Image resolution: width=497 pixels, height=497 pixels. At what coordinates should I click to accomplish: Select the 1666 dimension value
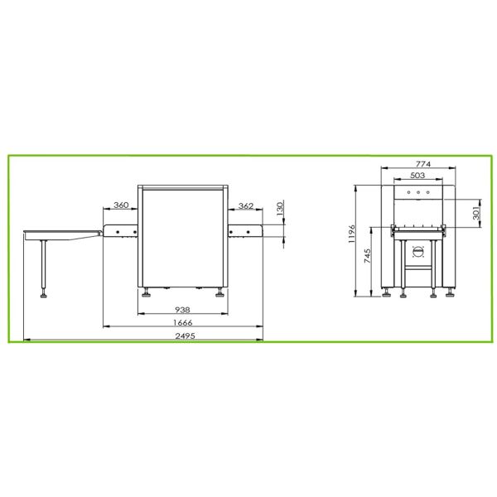point(183,322)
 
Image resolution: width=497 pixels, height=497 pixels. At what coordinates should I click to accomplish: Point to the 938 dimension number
point(183,309)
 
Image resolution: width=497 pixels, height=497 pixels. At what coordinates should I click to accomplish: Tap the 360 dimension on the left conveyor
point(121,205)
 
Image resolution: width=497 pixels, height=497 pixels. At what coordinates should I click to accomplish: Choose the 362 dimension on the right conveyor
point(246,205)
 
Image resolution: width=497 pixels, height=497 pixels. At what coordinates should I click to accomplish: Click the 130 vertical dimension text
point(279,208)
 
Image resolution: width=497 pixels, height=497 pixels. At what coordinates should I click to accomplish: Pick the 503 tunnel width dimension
point(417,176)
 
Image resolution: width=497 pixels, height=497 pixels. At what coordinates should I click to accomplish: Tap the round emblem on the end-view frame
point(417,252)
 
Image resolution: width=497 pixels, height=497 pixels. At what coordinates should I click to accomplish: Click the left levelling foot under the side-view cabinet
point(147,292)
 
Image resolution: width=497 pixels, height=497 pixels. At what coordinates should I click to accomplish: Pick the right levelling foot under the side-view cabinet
point(220,292)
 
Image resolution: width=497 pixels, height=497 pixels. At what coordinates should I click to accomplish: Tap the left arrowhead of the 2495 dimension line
point(27,340)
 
